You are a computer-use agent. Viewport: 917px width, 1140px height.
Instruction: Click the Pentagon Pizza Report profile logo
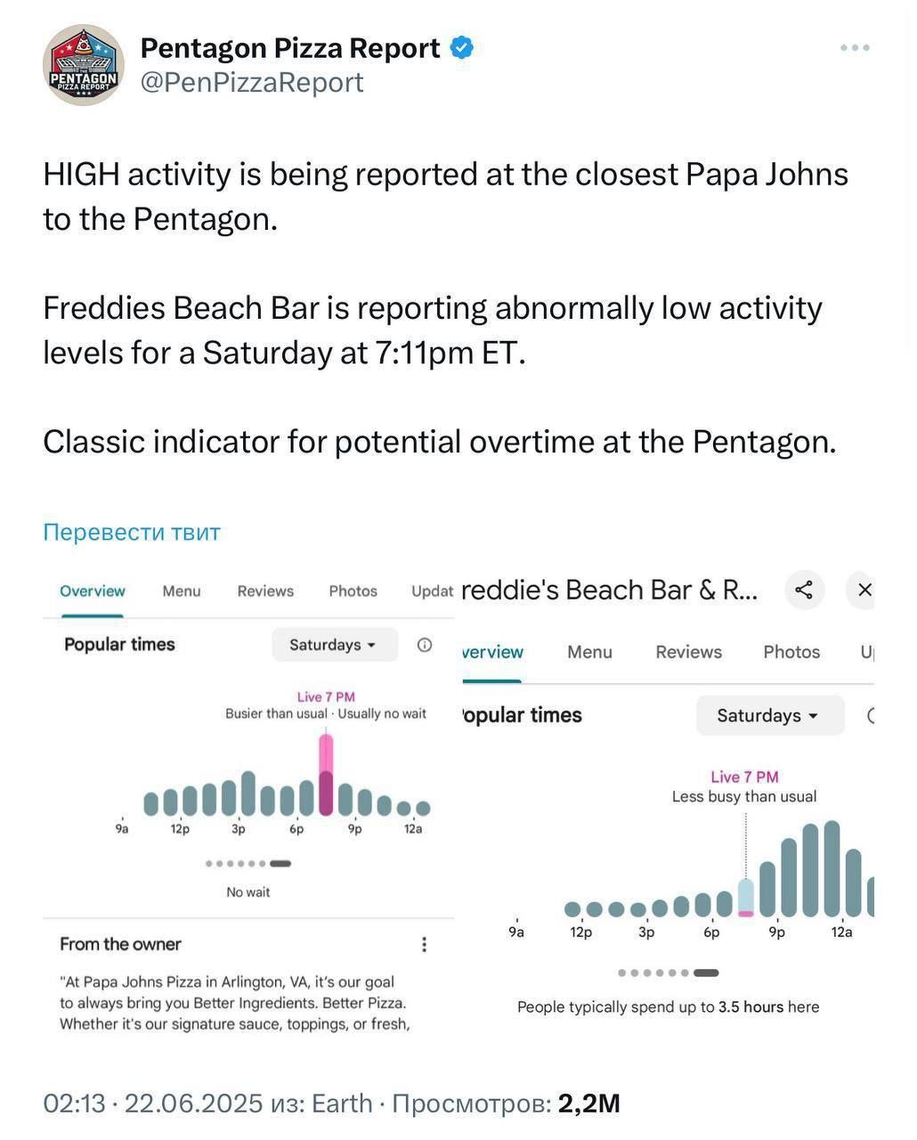(x=83, y=65)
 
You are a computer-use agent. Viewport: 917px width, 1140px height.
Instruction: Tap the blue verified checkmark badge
(x=461, y=47)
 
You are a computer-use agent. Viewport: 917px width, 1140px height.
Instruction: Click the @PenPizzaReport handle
(x=252, y=82)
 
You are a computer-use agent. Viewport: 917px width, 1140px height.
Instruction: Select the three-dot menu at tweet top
(x=854, y=48)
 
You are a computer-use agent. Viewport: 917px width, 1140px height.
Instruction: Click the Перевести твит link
(x=132, y=532)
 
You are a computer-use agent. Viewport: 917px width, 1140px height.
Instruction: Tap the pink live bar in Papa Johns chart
(x=326, y=773)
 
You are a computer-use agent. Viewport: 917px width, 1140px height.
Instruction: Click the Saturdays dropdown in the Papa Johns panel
(x=333, y=645)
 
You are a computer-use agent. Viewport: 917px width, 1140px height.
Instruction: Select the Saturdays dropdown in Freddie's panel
(x=768, y=716)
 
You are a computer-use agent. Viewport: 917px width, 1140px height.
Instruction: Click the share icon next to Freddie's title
(x=804, y=590)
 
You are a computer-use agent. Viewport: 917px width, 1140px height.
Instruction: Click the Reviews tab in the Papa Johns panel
(x=265, y=591)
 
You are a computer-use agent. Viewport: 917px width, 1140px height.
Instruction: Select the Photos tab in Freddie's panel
(x=791, y=652)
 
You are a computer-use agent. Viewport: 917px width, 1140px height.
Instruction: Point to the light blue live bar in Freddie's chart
(x=746, y=897)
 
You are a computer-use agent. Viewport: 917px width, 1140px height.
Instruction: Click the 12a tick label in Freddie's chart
(x=841, y=932)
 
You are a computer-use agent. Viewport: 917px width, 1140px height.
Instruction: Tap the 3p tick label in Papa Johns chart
(x=238, y=829)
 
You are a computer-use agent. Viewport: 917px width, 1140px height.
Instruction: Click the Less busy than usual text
(x=743, y=797)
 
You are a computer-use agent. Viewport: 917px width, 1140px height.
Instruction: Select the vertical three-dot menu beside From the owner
(x=424, y=944)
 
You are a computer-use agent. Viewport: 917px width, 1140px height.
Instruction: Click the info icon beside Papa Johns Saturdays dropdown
(x=425, y=645)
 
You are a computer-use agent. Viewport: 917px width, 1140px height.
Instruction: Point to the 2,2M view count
(x=588, y=1103)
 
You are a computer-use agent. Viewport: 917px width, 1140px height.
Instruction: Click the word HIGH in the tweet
(x=80, y=175)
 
